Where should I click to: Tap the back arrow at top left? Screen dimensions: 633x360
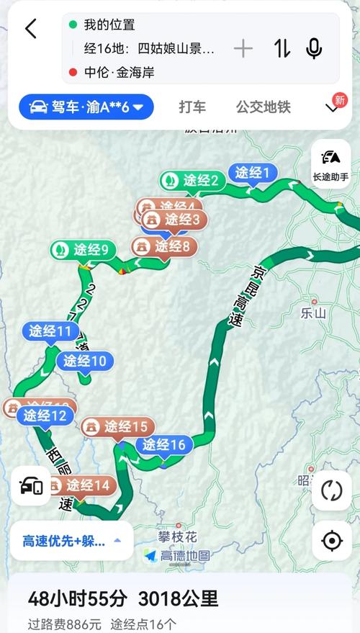tap(30, 29)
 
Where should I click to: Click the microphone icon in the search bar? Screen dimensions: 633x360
tap(314, 49)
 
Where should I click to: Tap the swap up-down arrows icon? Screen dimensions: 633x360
tap(282, 49)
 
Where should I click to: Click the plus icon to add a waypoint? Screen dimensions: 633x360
tap(243, 49)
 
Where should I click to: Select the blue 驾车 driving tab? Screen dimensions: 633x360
tap(86, 108)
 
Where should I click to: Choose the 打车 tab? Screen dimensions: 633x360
tap(192, 107)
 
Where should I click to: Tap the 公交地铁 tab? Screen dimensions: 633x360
tap(263, 107)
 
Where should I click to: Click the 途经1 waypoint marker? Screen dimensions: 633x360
tap(252, 173)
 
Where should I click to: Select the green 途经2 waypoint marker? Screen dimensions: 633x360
tap(192, 180)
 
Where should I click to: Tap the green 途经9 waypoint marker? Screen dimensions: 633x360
tap(84, 250)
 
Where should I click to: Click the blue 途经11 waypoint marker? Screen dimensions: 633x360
tap(50, 332)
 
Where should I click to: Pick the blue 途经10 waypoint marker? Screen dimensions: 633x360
tap(85, 361)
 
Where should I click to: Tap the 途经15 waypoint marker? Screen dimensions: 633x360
tap(118, 427)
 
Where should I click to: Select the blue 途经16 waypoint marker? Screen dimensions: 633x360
tap(163, 445)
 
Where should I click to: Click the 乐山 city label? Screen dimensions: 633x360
tap(314, 313)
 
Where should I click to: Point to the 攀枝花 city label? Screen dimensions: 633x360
tap(178, 537)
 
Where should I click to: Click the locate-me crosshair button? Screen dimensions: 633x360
tap(332, 539)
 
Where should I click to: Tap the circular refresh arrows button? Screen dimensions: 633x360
tap(332, 491)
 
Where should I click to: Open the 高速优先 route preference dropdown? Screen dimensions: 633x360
tap(71, 540)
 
